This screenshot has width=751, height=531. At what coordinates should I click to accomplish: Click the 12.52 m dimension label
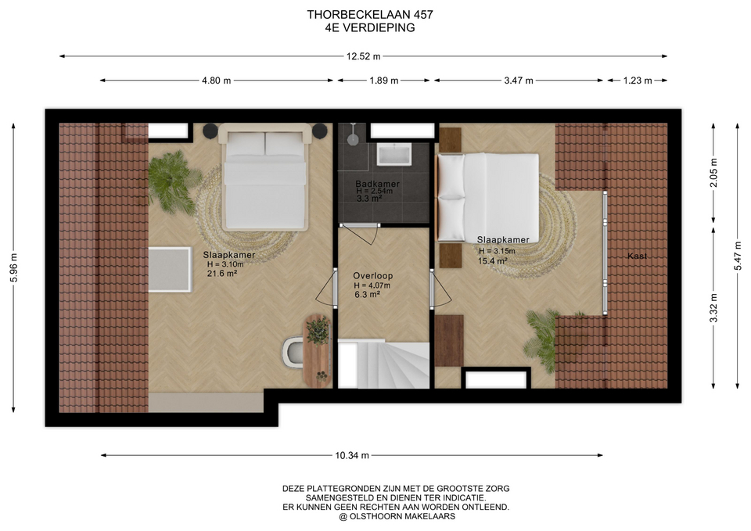363,56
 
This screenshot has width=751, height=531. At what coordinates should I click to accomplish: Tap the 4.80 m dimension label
217,81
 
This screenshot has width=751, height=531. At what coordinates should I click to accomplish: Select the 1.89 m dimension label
383,81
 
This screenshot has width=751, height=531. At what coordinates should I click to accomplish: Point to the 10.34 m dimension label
352,455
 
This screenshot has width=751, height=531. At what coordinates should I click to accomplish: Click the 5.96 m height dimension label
13,267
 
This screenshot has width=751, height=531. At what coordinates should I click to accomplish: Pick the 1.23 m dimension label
638,81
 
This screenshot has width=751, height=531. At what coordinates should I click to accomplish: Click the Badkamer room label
377,183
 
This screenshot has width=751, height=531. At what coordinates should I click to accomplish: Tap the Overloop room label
372,276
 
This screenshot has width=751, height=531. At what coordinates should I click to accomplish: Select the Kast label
637,257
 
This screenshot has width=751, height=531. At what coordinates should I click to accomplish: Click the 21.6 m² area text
222,274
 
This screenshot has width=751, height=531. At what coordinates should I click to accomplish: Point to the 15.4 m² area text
492,261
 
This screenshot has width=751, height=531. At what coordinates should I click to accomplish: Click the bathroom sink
394,154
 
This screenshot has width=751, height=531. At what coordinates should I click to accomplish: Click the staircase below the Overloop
383,364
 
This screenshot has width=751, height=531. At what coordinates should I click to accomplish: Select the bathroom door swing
361,234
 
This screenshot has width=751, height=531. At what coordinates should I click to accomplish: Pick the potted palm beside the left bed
171,181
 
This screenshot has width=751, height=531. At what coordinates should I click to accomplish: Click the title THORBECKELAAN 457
370,15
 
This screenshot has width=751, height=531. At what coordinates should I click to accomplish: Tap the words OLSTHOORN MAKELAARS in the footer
402,516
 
